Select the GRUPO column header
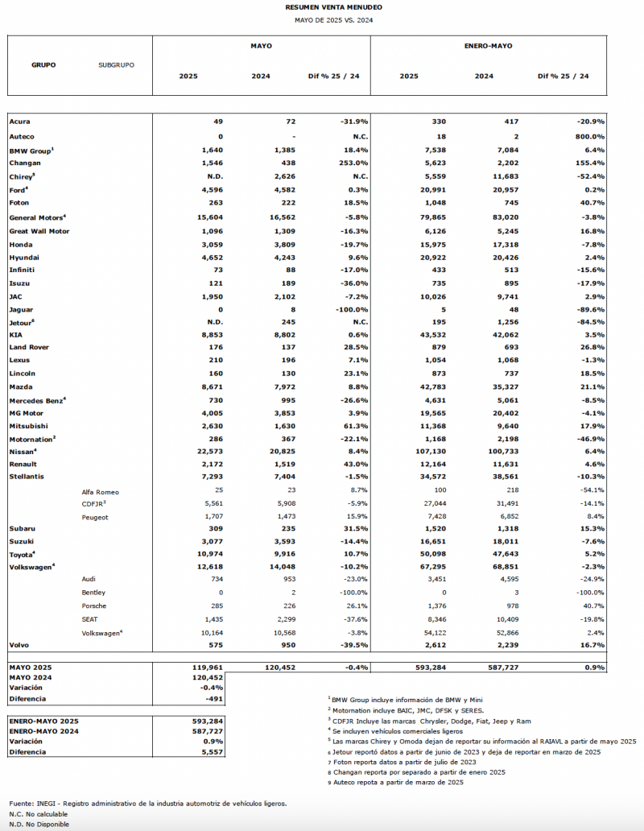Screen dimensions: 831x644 [x=43, y=64]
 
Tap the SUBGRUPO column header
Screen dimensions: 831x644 [x=116, y=64]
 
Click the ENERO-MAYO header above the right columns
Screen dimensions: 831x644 [x=489, y=46]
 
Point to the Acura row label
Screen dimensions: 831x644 [x=20, y=121]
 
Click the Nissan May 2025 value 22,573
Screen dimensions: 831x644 [x=207, y=451]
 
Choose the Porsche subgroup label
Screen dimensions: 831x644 [x=94, y=606]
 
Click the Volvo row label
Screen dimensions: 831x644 [x=19, y=645]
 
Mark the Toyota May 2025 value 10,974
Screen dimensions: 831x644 [x=207, y=555]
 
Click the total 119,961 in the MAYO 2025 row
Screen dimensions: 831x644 [x=207, y=668]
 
